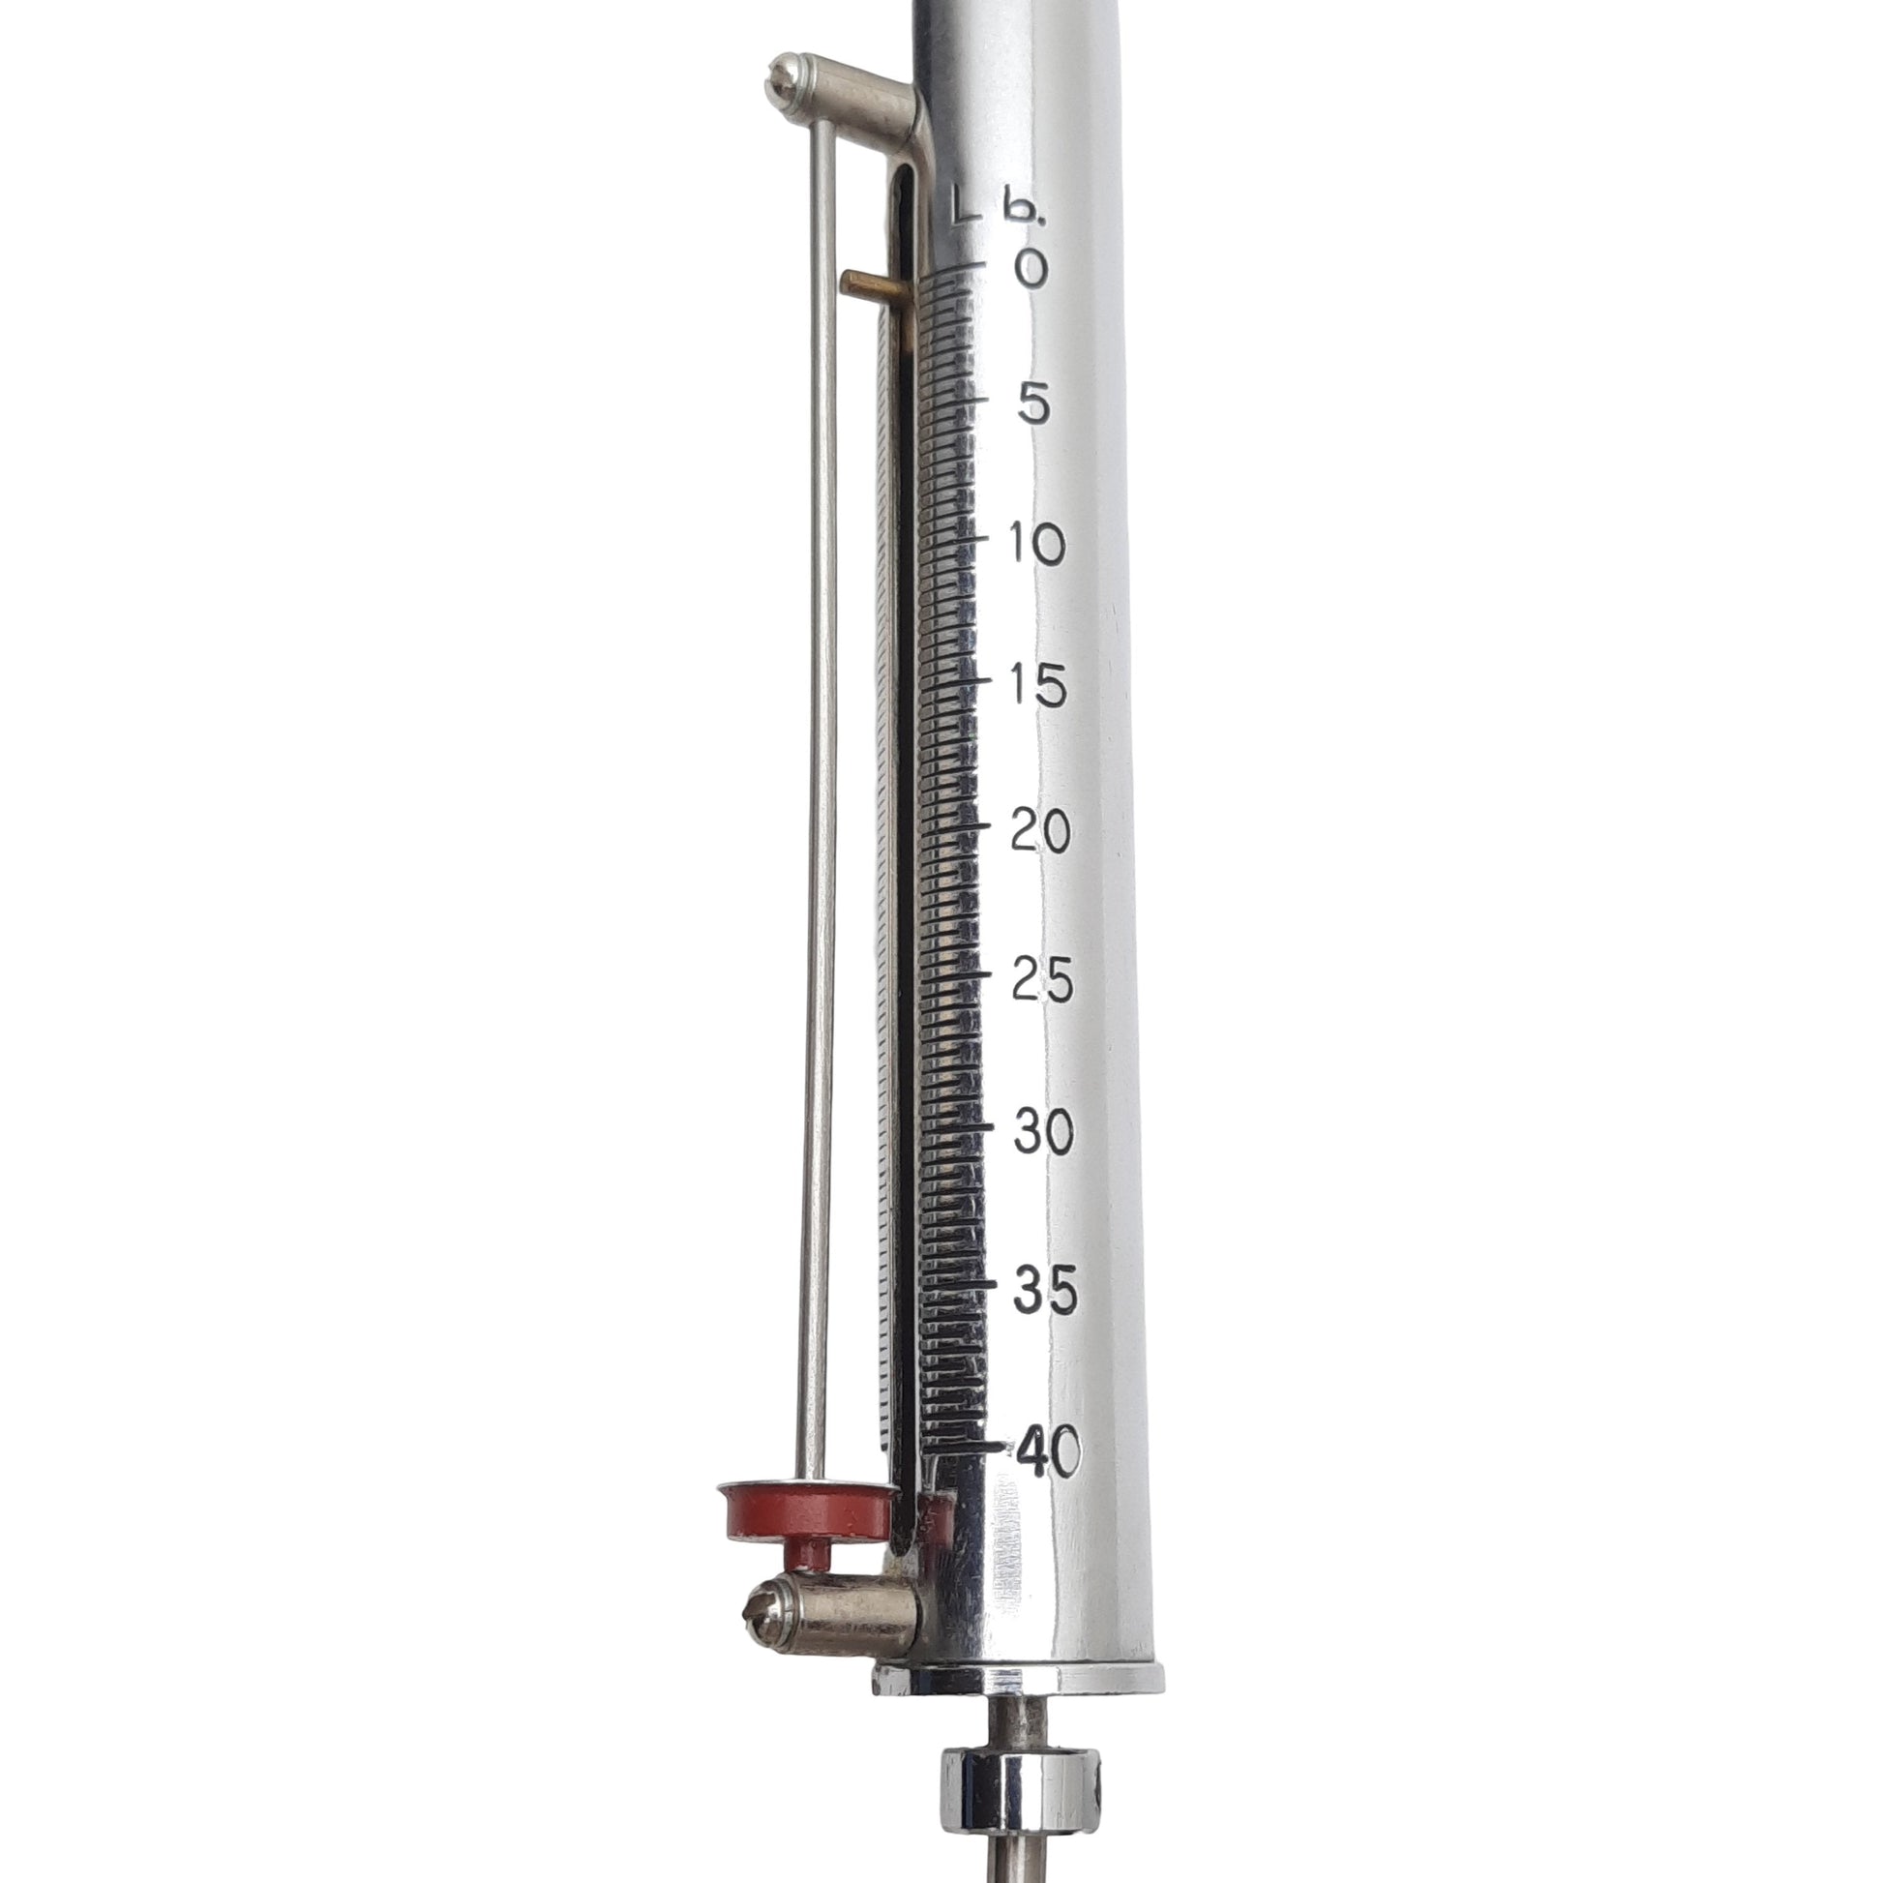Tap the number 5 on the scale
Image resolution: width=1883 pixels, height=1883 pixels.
pos(1027,403)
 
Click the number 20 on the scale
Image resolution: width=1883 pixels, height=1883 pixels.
pos(1041,830)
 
